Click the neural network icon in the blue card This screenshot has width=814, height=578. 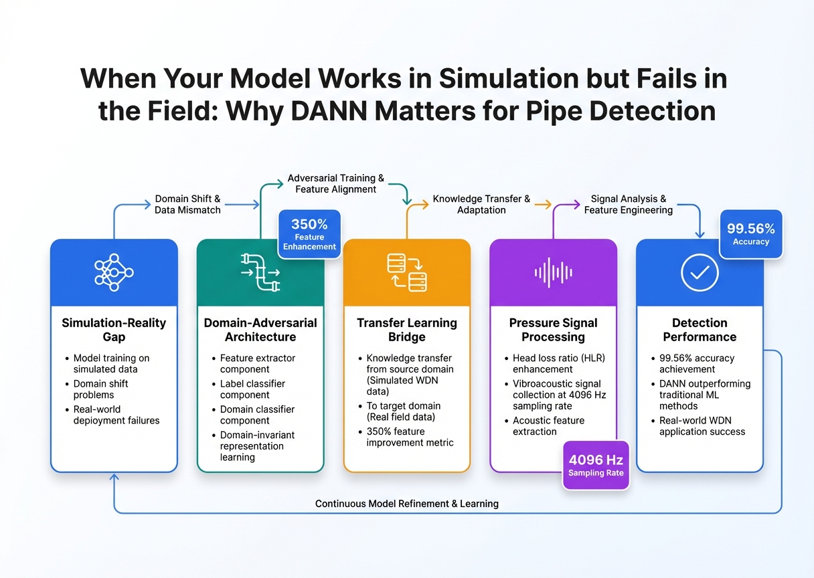click(114, 272)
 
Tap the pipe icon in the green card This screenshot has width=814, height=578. click(260, 272)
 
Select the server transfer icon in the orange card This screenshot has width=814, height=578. click(407, 272)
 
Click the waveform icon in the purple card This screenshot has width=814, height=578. click(553, 272)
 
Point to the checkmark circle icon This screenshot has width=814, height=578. click(700, 272)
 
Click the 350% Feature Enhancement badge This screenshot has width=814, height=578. click(309, 231)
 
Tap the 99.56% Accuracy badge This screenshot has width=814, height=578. click(750, 233)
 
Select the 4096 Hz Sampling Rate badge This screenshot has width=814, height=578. click(596, 466)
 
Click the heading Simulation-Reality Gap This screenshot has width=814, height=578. click(114, 330)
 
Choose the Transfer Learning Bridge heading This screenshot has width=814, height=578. click(407, 330)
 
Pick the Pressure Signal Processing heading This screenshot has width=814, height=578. click(553, 330)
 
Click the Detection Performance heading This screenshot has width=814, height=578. click(700, 330)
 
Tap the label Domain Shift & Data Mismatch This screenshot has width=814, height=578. click(187, 204)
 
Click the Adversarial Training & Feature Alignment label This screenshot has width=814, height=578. click(336, 183)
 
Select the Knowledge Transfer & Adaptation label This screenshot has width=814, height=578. click(481, 204)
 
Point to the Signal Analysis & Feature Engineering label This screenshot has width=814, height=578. click(629, 204)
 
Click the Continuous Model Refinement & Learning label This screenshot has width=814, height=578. click(407, 503)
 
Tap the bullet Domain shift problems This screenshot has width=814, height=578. click(100, 389)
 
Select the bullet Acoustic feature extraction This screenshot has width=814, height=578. click(548, 426)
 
